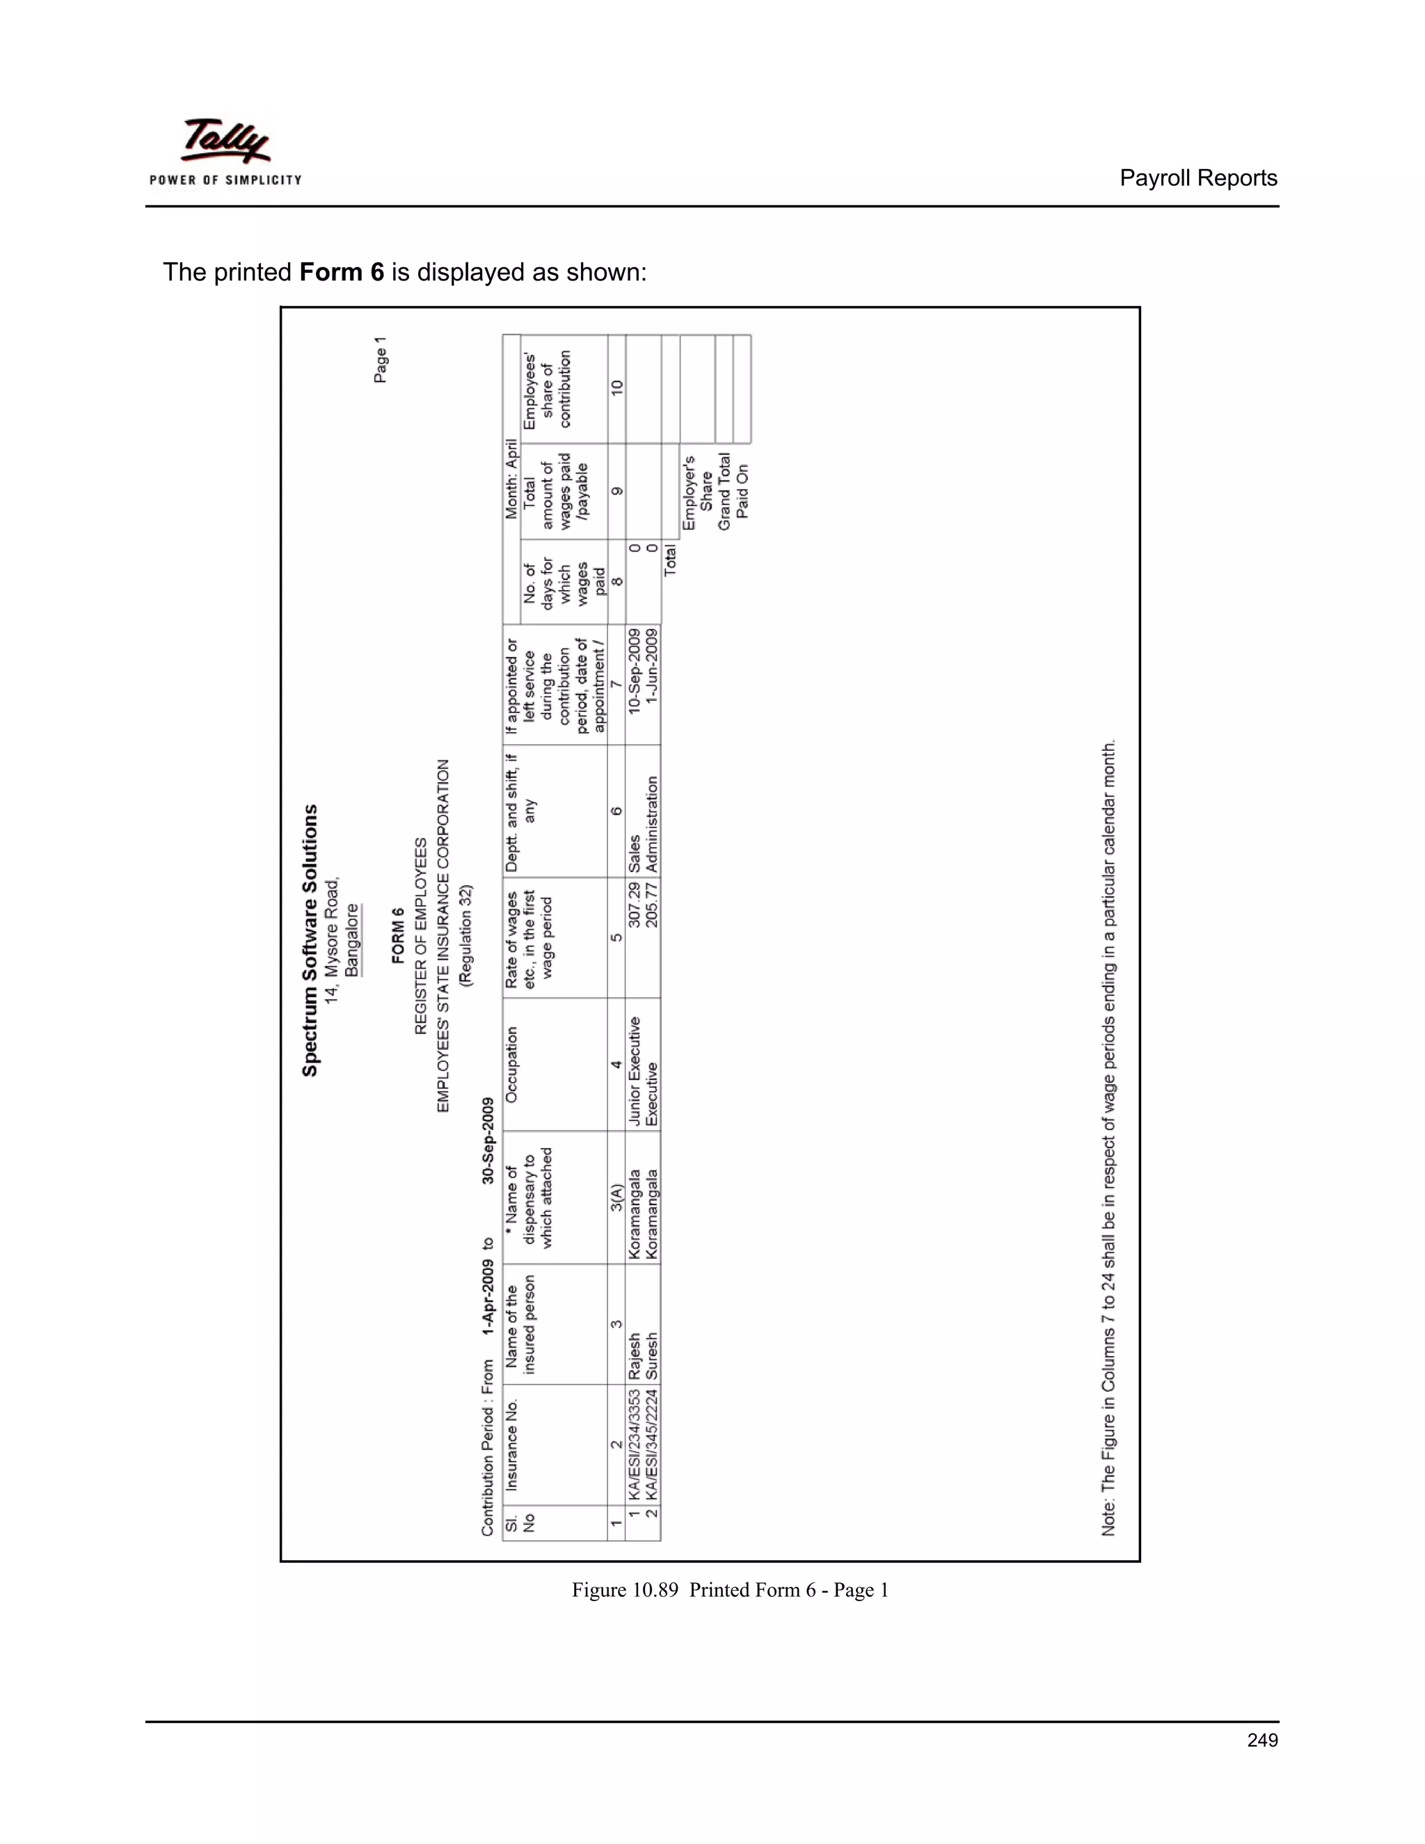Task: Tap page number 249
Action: pyautogui.click(x=1262, y=1740)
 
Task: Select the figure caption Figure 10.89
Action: pyautogui.click(x=730, y=1590)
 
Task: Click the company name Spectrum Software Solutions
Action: pyautogui.click(x=310, y=939)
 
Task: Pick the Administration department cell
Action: pyautogui.click(x=652, y=824)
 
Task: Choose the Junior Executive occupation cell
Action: pyautogui.click(x=634, y=1072)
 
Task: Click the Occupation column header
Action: pyautogui.click(x=511, y=1064)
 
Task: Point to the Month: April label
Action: pyautogui.click(x=511, y=479)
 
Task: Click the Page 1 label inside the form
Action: pyautogui.click(x=381, y=360)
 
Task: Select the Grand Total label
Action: pyautogui.click(x=724, y=492)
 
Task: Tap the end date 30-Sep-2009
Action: pyautogui.click(x=488, y=1140)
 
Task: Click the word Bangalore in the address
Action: pyautogui.click(x=353, y=939)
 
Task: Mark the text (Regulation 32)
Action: pyautogui.click(x=466, y=935)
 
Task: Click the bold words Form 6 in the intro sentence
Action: pyautogui.click(x=342, y=272)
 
